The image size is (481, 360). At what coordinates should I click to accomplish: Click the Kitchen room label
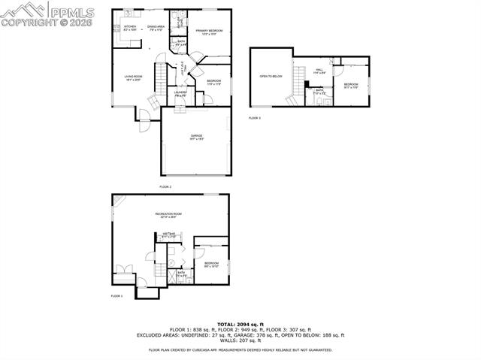(x=129, y=28)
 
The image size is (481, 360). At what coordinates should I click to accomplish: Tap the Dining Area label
(x=156, y=28)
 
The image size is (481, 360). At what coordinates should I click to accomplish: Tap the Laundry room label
(x=181, y=94)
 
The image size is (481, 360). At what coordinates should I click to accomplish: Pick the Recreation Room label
(x=169, y=216)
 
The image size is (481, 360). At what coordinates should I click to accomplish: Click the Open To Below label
(x=271, y=76)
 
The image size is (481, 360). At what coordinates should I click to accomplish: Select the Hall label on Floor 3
(x=319, y=71)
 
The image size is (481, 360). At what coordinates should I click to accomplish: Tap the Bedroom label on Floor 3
(x=352, y=85)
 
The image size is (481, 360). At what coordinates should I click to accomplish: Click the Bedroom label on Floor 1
(x=210, y=265)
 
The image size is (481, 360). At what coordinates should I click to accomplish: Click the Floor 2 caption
(x=165, y=186)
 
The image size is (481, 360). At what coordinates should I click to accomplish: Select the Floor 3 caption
(x=255, y=118)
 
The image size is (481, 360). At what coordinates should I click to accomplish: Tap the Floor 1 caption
(x=116, y=296)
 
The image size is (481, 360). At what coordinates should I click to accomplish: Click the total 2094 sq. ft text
(x=240, y=323)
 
